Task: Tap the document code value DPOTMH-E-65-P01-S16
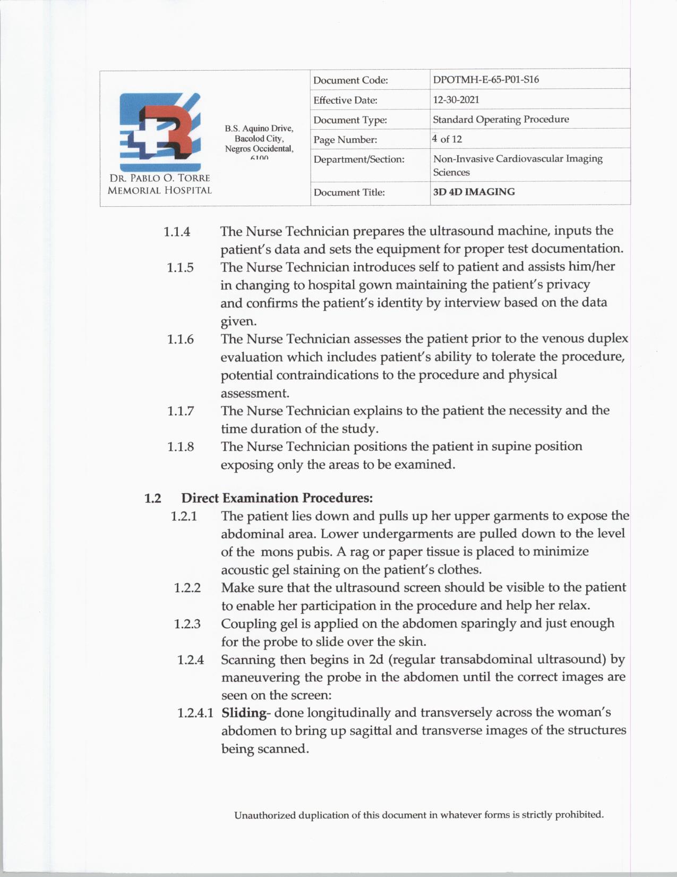click(x=485, y=80)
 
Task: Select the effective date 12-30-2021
click(x=456, y=99)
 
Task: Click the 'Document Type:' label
click(x=350, y=120)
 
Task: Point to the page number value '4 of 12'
click(x=447, y=139)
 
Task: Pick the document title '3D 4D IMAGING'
click(x=474, y=192)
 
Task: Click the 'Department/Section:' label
click(x=359, y=159)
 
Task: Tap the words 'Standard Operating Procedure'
click(x=501, y=119)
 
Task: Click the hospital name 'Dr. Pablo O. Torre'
click(x=159, y=178)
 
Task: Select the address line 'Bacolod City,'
click(x=259, y=138)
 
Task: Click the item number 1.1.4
click(x=177, y=232)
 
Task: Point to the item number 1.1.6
click(x=181, y=339)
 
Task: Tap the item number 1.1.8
click(x=181, y=446)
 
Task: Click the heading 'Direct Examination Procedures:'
click(x=277, y=498)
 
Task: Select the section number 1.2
click(x=152, y=498)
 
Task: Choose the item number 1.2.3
click(x=187, y=623)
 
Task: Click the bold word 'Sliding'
click(x=244, y=712)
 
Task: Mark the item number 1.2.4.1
click(x=195, y=713)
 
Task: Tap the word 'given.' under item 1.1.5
click(x=238, y=321)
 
